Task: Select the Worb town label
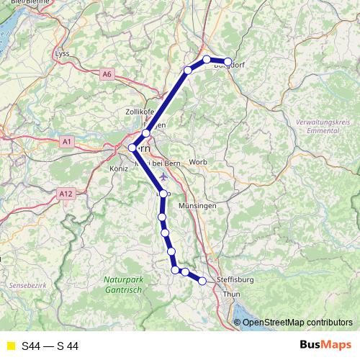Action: click(x=198, y=162)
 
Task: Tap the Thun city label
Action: click(x=232, y=294)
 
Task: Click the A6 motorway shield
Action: click(x=107, y=73)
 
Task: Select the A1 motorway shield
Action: click(x=67, y=142)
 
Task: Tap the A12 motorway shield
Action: click(x=67, y=193)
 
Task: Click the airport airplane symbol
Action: click(x=163, y=176)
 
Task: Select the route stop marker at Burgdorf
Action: click(x=228, y=62)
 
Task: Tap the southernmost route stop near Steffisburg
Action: click(x=202, y=281)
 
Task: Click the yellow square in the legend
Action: click(x=9, y=346)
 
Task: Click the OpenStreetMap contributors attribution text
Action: click(x=297, y=322)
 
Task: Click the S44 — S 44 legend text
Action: click(x=50, y=346)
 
